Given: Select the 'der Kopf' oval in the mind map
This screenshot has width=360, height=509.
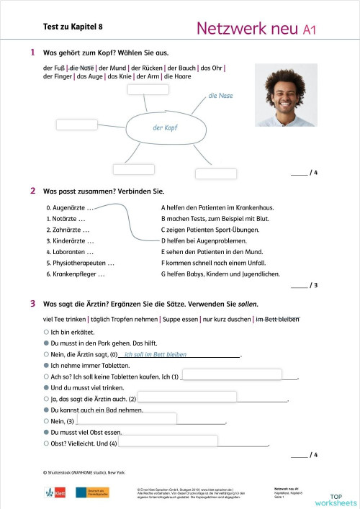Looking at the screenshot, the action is point(166,127).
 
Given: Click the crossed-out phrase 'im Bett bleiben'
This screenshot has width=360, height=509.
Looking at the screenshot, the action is point(277,319).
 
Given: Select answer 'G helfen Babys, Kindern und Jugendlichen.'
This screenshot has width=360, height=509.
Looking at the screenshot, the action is point(220,274).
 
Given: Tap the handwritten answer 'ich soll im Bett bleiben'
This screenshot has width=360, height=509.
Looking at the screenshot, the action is point(156,354).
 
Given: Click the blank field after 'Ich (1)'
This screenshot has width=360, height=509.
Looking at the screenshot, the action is point(239,374).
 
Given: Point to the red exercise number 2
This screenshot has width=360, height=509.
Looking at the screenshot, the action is point(33,191).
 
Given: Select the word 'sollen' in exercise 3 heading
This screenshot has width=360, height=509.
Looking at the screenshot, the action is point(246,304).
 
